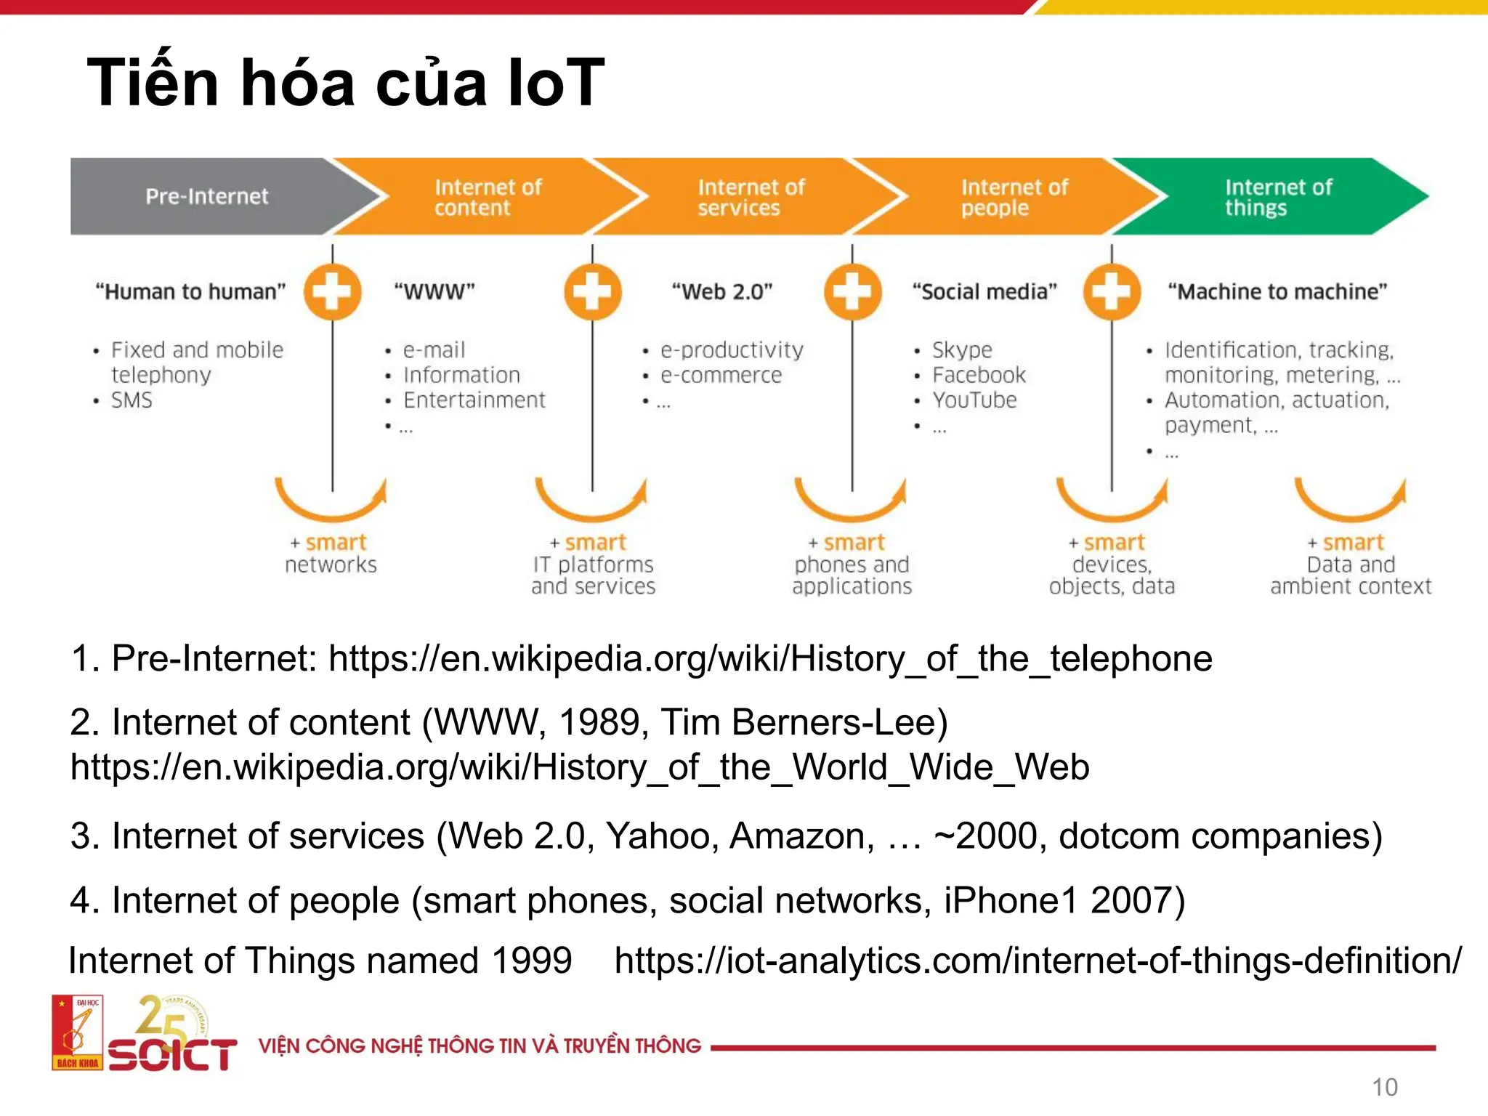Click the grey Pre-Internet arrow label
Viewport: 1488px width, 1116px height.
click(x=207, y=196)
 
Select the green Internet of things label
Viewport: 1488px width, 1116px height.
click(x=1277, y=198)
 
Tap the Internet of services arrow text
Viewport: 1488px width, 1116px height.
click(x=751, y=198)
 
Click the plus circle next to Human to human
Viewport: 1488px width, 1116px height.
click(x=333, y=292)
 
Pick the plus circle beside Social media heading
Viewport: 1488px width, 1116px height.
click(x=1112, y=292)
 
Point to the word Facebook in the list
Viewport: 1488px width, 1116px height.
click(x=979, y=375)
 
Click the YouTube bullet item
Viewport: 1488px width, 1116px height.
click(x=974, y=400)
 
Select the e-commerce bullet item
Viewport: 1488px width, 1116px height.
click(x=721, y=375)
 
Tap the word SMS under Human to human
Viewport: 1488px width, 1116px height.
click(x=132, y=400)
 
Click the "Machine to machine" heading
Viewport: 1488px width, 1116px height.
click(x=1277, y=292)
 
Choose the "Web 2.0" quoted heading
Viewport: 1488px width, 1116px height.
click(x=721, y=292)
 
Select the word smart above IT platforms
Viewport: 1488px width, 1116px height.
click(x=595, y=543)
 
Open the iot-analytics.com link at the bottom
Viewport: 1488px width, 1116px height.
click(x=1038, y=961)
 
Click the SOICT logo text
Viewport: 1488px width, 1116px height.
click(x=172, y=1054)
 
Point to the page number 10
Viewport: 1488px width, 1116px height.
click(x=1384, y=1088)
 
